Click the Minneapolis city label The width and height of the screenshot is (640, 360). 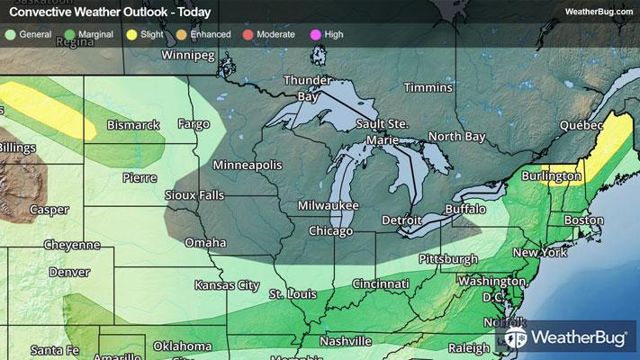click(248, 166)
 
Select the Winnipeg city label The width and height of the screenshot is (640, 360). click(188, 56)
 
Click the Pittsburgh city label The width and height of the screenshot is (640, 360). click(447, 259)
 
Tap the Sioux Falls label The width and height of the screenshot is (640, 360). click(194, 195)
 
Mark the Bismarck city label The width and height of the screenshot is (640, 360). click(133, 125)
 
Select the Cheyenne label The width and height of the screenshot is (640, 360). click(71, 245)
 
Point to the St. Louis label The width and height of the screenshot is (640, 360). click(291, 294)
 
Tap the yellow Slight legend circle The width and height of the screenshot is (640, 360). click(132, 34)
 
